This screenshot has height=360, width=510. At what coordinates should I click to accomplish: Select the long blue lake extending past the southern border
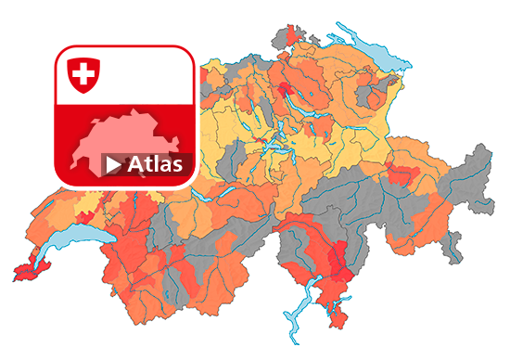298,315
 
